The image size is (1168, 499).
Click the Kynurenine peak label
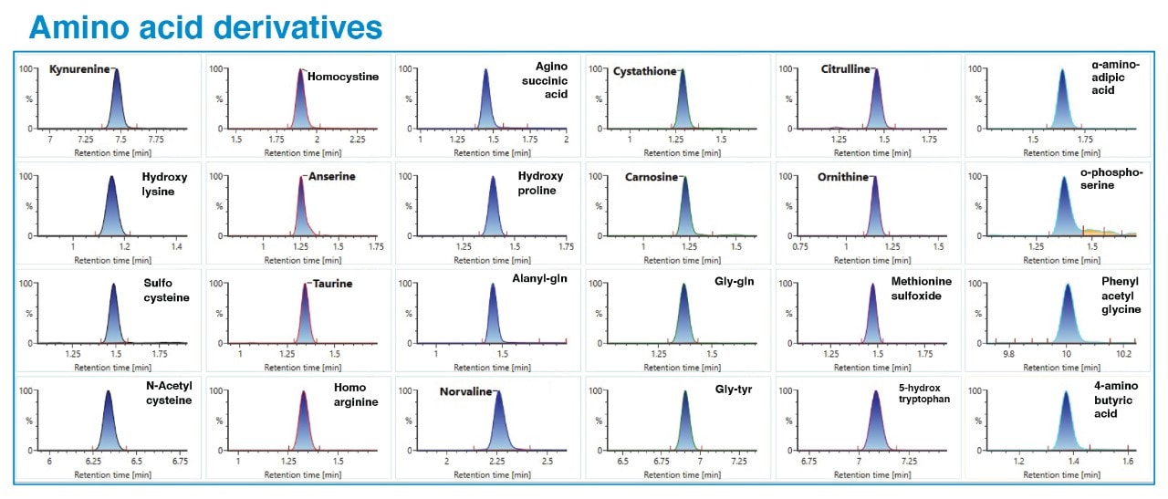point(78,69)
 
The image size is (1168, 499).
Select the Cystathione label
point(644,71)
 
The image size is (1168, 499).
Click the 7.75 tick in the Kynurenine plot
point(155,140)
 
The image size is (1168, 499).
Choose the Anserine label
point(331,176)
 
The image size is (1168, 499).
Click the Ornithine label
point(842,177)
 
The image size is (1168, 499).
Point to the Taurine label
point(332,284)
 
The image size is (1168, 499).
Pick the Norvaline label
point(464,391)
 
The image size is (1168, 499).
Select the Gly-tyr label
point(734,390)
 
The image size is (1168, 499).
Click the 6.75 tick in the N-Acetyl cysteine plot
point(180,462)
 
